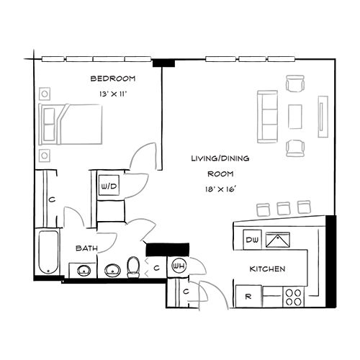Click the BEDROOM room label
(114, 78)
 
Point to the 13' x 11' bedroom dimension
(114, 94)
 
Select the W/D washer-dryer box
(109, 186)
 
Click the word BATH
(87, 248)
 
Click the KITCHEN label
(268, 269)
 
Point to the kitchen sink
(277, 240)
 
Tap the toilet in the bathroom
(133, 269)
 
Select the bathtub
(48, 252)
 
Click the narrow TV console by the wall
(322, 117)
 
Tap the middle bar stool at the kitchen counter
(284, 207)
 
